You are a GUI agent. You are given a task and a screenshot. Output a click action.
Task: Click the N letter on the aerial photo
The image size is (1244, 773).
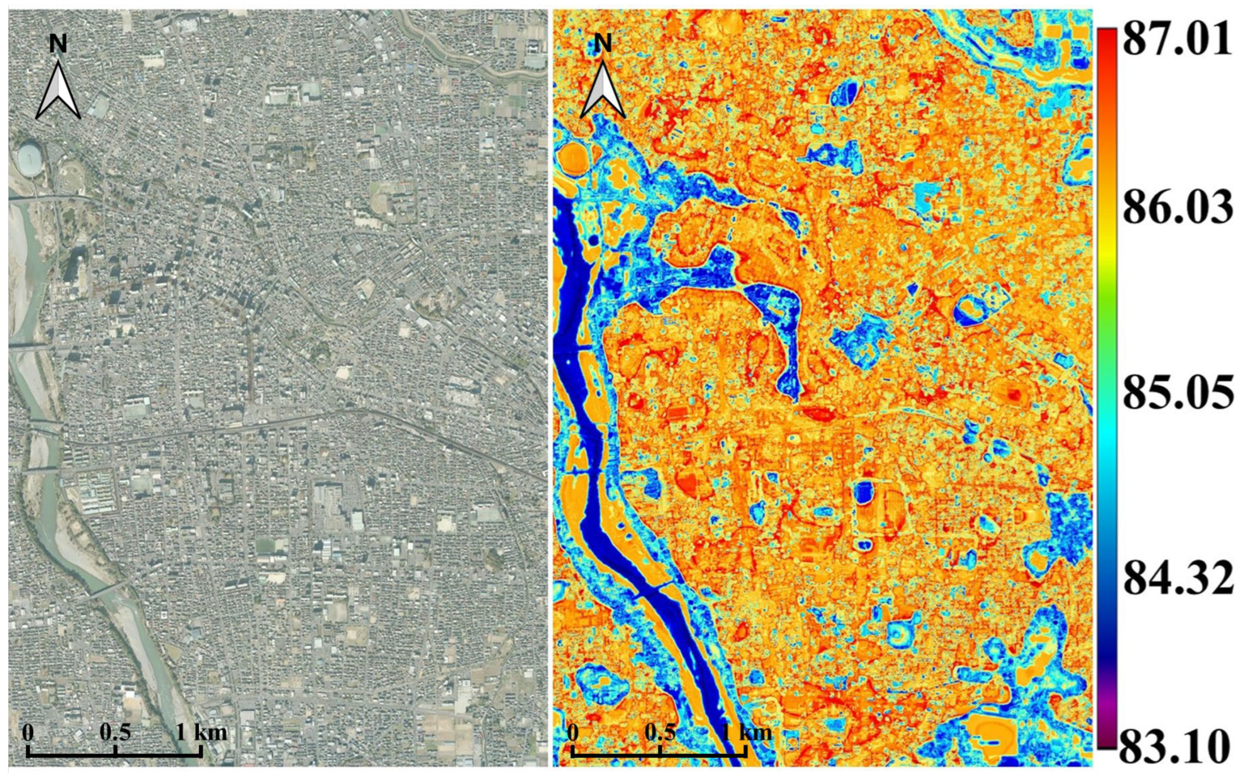[58, 44]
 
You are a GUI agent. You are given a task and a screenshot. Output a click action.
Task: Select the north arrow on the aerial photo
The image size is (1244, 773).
[58, 92]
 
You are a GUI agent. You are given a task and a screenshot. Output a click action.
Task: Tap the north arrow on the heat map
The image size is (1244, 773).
[602, 92]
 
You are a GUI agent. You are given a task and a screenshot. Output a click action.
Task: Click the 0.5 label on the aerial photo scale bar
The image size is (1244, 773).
[115, 732]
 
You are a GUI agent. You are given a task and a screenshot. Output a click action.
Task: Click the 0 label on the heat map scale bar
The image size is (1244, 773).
[572, 732]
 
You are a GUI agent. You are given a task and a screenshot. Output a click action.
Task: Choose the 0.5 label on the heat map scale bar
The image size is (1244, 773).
[660, 732]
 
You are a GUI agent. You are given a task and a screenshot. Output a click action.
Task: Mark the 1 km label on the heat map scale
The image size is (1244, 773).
[746, 732]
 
